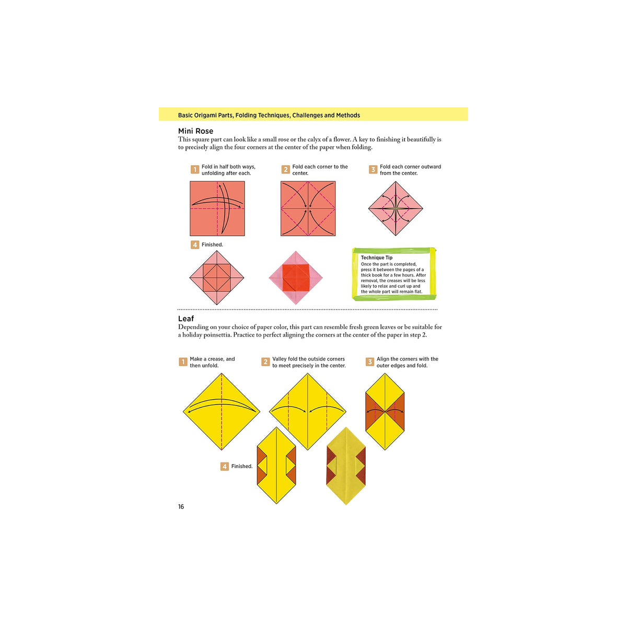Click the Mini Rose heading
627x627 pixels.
(x=195, y=131)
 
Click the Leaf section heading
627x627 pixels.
(x=186, y=319)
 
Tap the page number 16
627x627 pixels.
(x=181, y=507)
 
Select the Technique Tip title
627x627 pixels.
(x=376, y=258)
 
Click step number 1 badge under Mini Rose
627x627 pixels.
(x=195, y=170)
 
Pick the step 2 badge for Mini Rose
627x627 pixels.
(x=285, y=170)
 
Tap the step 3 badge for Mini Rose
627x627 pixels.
(x=373, y=170)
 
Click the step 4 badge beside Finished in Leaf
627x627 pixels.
(x=225, y=467)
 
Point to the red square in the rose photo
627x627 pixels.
(x=296, y=277)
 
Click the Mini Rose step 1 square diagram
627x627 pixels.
(x=217, y=208)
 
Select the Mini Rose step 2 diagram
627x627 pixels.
(x=308, y=208)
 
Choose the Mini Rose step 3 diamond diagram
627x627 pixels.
(x=396, y=208)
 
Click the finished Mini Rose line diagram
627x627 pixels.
(x=216, y=277)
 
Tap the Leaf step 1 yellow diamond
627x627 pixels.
(x=222, y=412)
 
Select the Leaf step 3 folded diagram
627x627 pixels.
(x=385, y=412)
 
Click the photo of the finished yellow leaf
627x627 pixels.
(x=346, y=466)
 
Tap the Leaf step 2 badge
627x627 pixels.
(x=265, y=362)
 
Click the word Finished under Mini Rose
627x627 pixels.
(x=212, y=245)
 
